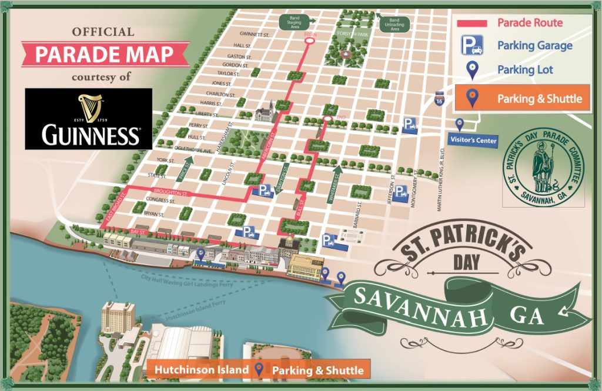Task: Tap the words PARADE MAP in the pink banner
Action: pyautogui.click(x=104, y=55)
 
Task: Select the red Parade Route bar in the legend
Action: pyautogui.click(x=472, y=24)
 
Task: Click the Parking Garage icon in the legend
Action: pyautogui.click(x=472, y=45)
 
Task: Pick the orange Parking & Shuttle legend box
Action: pyautogui.click(x=523, y=99)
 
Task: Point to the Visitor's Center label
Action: pyautogui.click(x=473, y=140)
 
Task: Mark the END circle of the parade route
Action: pyautogui.click(x=327, y=121)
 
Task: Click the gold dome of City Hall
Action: pyautogui.click(x=290, y=242)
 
